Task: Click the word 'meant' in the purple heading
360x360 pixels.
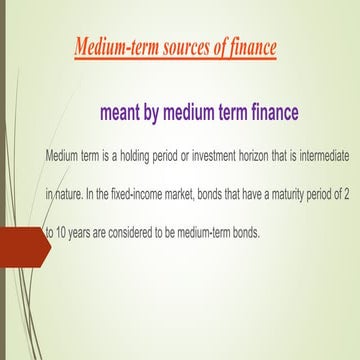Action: click(124, 112)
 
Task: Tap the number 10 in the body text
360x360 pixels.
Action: click(62, 232)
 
